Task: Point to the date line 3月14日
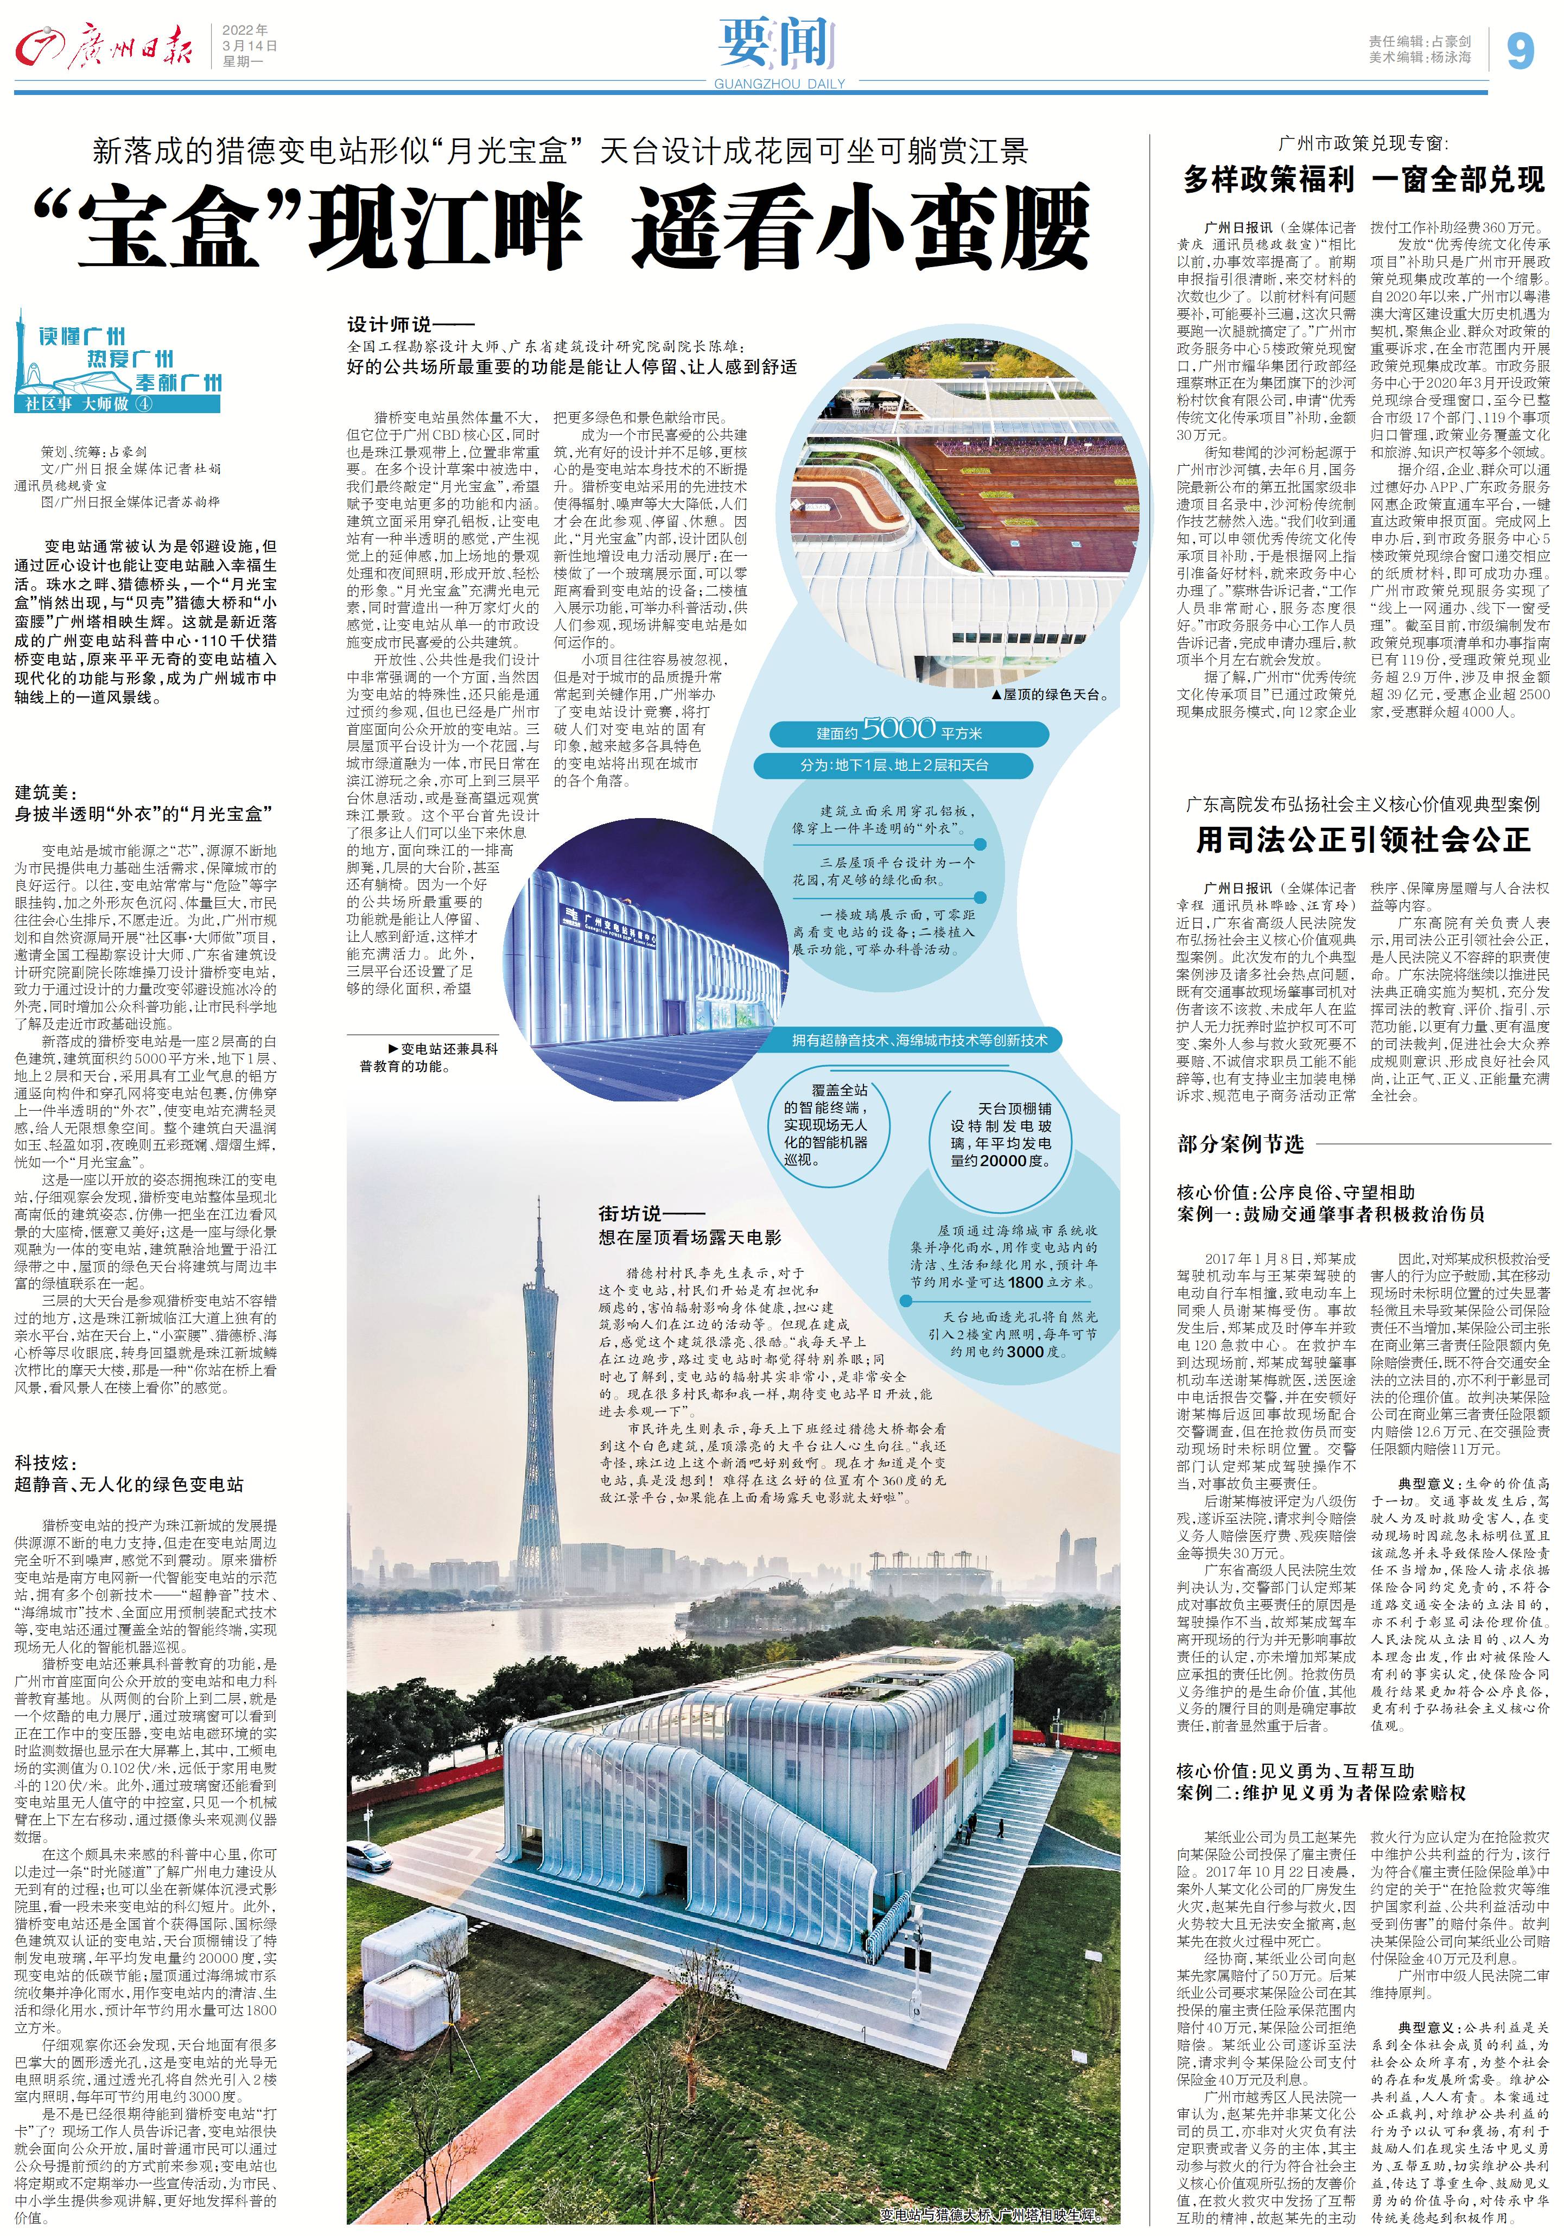(249, 46)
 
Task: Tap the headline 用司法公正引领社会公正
(1363, 839)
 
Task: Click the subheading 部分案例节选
(1239, 1143)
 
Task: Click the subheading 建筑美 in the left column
(45, 793)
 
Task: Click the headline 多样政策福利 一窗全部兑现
(1363, 179)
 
